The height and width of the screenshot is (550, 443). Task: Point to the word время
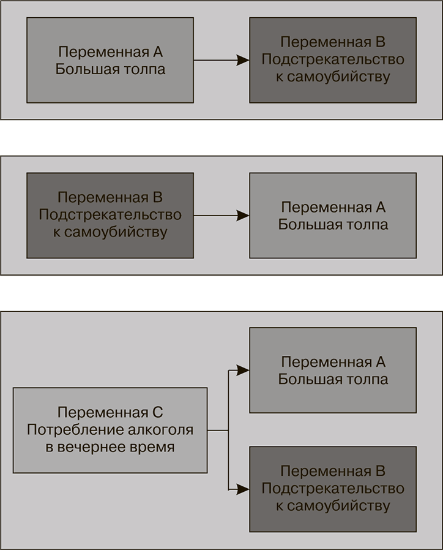point(155,447)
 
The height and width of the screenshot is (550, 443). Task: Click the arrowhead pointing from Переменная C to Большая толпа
point(244,370)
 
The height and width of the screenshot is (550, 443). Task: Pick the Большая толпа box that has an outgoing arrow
point(110,60)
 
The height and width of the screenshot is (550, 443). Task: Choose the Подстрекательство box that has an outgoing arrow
point(110,216)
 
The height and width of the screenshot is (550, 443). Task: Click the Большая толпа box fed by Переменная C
point(333,370)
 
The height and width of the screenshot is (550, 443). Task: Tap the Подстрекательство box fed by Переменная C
point(333,489)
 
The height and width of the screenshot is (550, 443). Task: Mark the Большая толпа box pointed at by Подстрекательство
point(333,216)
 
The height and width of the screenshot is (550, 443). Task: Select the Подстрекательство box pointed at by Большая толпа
point(333,60)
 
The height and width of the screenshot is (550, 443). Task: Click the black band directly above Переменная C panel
point(221,293)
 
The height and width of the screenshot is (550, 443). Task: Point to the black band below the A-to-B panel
point(221,138)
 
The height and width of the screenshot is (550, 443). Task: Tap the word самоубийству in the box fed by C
point(332,507)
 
